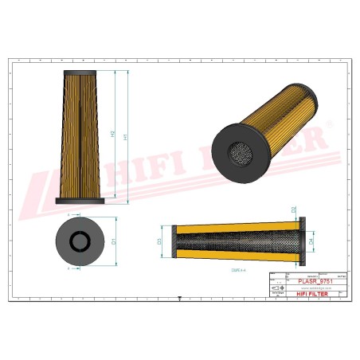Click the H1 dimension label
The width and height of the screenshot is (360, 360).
pyautogui.click(x=127, y=136)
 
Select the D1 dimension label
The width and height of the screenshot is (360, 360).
pyautogui.click(x=114, y=240)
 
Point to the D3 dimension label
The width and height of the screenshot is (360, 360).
pyautogui.click(x=159, y=241)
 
